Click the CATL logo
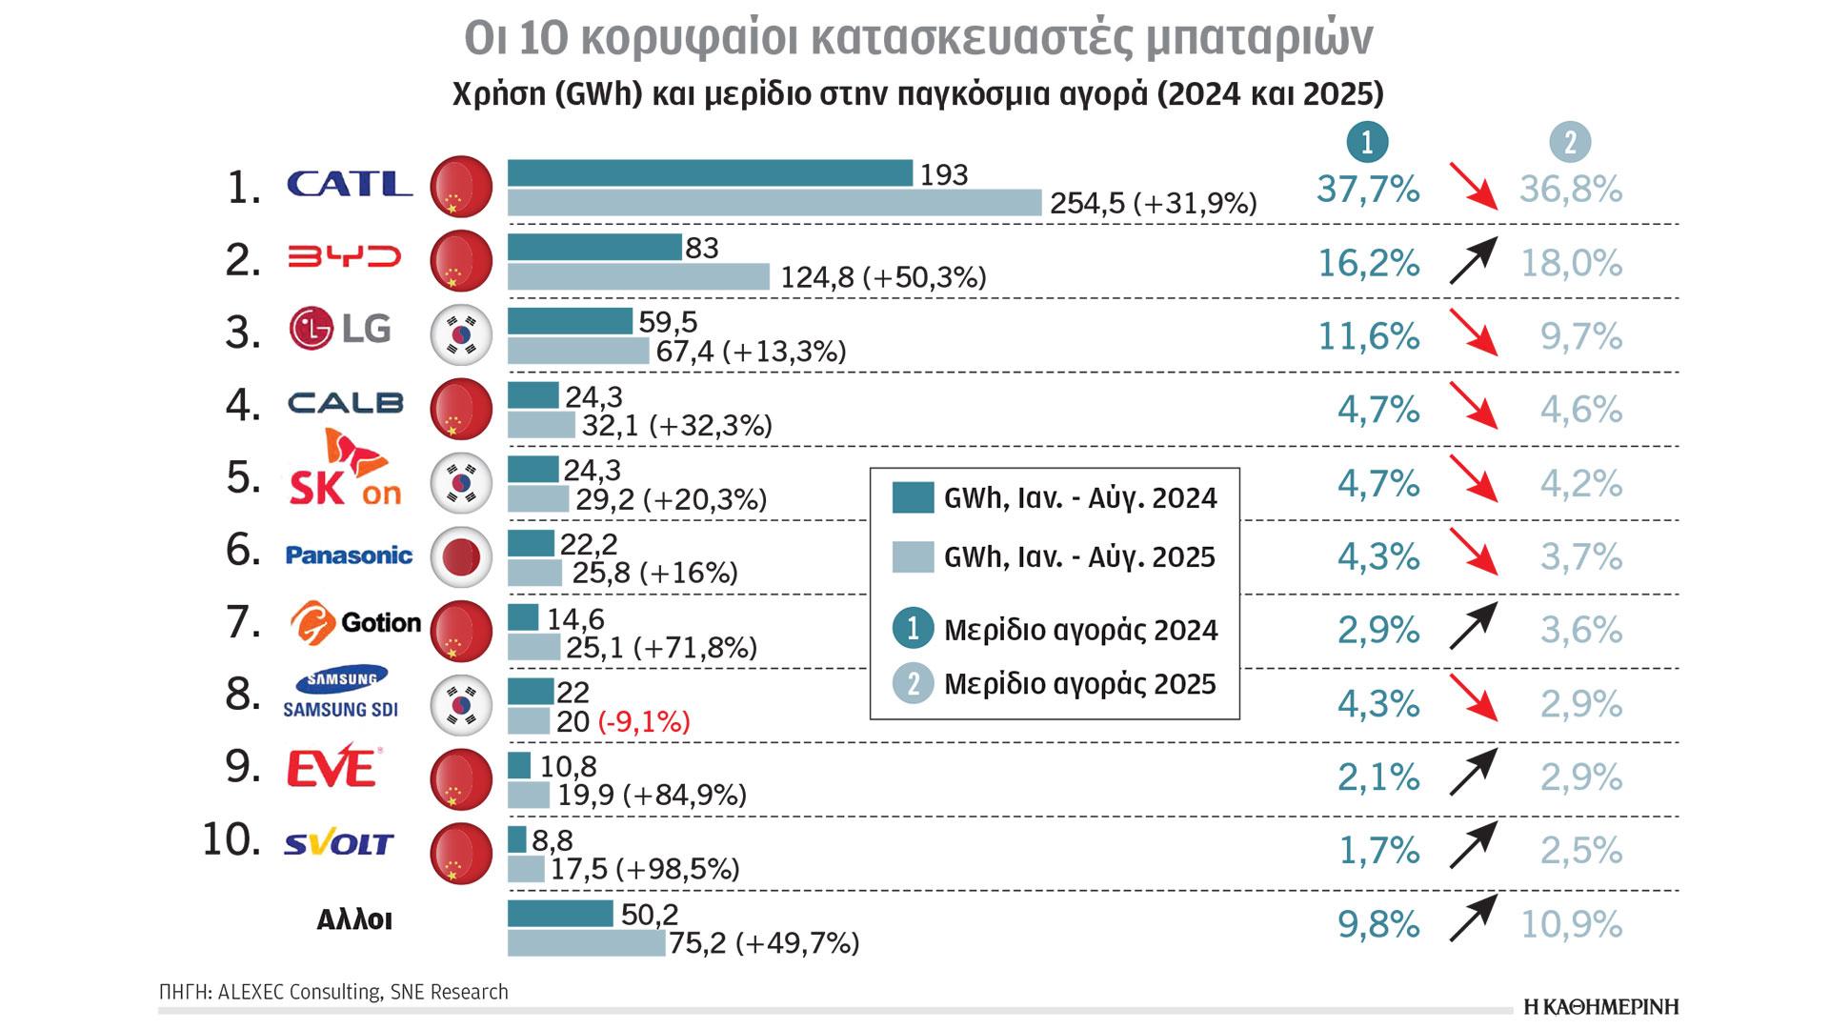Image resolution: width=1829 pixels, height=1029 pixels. tap(350, 184)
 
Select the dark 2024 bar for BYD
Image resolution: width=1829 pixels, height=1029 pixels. tap(594, 247)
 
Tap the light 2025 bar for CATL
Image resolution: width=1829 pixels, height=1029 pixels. tap(774, 203)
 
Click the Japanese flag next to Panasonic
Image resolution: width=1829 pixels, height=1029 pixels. tap(461, 556)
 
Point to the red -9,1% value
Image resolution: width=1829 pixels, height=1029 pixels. tap(644, 722)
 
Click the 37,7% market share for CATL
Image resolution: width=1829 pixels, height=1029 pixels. tap(1368, 190)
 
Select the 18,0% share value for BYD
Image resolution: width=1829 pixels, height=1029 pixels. tap(1571, 263)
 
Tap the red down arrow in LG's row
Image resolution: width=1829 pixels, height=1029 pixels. tap(1473, 333)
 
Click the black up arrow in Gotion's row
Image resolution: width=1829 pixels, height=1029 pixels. tap(1473, 627)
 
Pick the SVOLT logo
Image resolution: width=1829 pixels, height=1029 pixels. tap(338, 844)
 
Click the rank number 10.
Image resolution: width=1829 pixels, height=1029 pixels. tap(231, 840)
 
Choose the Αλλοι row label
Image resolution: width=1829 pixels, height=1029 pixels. tap(354, 919)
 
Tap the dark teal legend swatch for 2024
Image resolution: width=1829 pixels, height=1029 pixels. tap(913, 498)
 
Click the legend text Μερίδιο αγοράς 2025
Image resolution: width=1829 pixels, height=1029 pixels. tap(1079, 684)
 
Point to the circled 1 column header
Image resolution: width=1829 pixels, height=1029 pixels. tap(1367, 142)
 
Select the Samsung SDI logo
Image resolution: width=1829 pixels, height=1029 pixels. tap(341, 693)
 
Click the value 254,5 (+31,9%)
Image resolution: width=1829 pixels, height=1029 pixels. tap(1153, 203)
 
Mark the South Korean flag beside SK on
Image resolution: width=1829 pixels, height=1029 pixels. tap(461, 483)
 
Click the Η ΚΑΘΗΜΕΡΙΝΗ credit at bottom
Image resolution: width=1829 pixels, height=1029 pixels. tap(1600, 1007)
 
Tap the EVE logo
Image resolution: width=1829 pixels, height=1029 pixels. tap(333, 767)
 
